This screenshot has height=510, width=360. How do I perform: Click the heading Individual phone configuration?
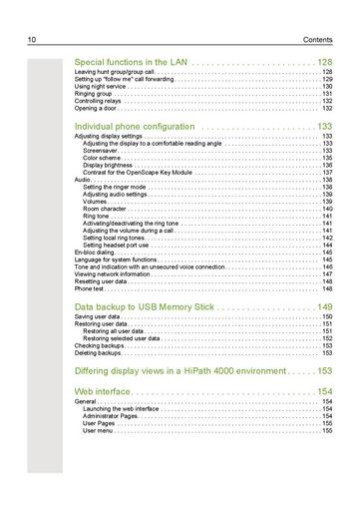pyautogui.click(x=135, y=127)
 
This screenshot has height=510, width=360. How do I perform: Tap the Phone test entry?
pyautogui.click(x=90, y=287)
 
